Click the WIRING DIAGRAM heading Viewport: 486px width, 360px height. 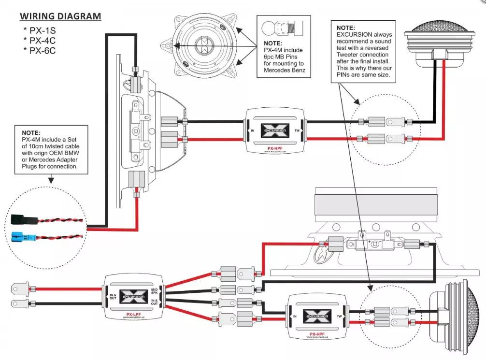[x=60, y=16]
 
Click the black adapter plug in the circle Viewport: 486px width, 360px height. [x=21, y=220]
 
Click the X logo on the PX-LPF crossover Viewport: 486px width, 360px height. [x=134, y=296]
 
